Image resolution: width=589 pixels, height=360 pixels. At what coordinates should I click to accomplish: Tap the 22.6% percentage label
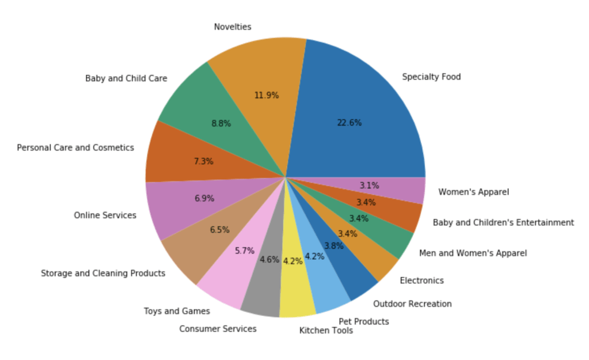[x=349, y=123]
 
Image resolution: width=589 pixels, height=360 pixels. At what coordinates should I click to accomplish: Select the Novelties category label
[x=233, y=26]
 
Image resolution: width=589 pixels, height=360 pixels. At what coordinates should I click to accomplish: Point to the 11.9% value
[x=267, y=95]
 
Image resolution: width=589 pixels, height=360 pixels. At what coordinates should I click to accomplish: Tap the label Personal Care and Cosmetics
[x=75, y=147]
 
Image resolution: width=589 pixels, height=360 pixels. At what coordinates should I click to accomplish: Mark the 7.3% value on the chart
[x=203, y=161]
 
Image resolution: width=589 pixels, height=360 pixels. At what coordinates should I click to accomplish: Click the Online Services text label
[x=105, y=215]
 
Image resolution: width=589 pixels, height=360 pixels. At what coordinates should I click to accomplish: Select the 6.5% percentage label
[x=219, y=229]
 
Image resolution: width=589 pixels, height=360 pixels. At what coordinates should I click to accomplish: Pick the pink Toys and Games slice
[x=222, y=282]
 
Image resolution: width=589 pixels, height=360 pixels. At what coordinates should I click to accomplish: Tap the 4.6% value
[x=269, y=260]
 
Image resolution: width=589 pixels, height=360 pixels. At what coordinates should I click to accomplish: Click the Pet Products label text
[x=363, y=321]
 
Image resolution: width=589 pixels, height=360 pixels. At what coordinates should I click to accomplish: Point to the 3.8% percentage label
[x=333, y=245]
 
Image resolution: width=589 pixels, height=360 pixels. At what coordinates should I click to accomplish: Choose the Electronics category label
[x=421, y=281]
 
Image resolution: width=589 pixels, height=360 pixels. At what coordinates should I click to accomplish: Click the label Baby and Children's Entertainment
[x=503, y=222]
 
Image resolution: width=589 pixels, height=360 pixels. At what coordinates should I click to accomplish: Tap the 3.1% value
[x=369, y=185]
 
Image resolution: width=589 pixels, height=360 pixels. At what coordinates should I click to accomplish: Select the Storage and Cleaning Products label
[x=103, y=273]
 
